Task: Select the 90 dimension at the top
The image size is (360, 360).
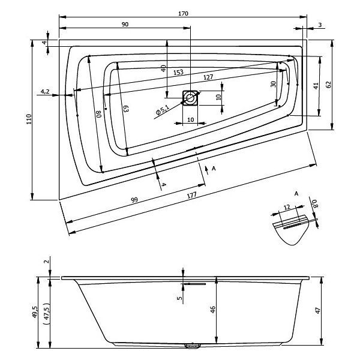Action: click(x=125, y=24)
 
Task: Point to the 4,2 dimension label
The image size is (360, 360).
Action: click(x=45, y=91)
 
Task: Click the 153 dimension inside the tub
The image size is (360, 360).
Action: click(x=178, y=73)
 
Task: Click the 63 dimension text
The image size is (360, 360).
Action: click(x=124, y=109)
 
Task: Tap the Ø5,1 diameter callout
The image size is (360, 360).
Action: click(x=161, y=112)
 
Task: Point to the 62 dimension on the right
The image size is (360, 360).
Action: click(x=329, y=85)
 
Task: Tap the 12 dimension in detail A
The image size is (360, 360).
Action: click(x=287, y=207)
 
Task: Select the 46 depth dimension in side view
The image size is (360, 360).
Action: click(x=214, y=310)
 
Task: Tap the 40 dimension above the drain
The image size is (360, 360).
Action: click(x=163, y=68)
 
